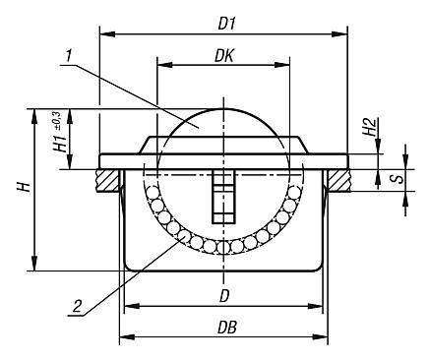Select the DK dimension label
coord(225,58)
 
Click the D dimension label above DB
coord(224,295)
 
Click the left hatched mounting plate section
coord(107,180)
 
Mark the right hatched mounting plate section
coord(339,180)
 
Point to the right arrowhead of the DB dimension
coord(322,339)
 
